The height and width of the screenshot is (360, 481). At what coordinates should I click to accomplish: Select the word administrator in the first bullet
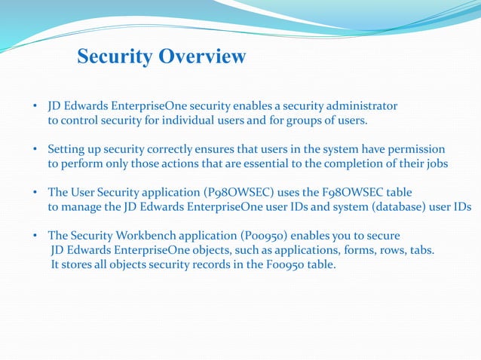tap(363, 105)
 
